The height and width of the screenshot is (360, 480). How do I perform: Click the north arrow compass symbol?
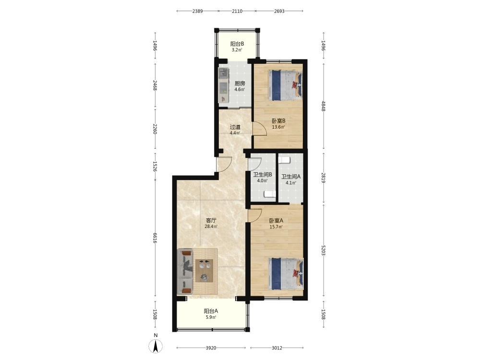point(156,347)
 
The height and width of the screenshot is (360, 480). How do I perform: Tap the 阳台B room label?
point(237,44)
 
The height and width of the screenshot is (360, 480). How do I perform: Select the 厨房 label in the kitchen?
point(240,83)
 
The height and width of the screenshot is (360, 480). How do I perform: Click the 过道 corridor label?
point(235,127)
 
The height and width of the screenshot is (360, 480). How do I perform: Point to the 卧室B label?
point(278,121)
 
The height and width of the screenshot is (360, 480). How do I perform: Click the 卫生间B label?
point(263,175)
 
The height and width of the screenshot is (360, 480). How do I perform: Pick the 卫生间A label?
point(291,177)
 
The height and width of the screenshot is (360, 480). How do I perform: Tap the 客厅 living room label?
point(211,220)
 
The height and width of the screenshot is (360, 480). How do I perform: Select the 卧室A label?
point(276,220)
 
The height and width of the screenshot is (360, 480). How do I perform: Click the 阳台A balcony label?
point(211,311)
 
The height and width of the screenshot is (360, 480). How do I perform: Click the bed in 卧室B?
point(285,85)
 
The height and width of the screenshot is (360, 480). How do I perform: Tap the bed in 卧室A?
point(286,274)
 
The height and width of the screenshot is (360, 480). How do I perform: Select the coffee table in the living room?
point(204,270)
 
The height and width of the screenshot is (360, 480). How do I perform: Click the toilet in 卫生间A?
point(284,160)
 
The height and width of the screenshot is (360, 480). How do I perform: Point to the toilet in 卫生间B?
point(270,194)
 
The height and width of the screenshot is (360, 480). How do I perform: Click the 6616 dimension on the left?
point(155,238)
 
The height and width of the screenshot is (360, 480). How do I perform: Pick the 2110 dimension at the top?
point(237,11)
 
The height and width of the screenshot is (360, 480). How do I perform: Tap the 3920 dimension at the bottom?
point(211,348)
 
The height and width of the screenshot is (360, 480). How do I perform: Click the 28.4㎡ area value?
point(211,227)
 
